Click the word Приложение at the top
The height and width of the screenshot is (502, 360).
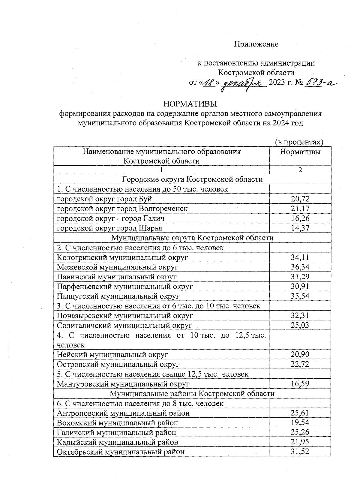256,44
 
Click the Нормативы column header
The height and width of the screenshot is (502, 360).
300,152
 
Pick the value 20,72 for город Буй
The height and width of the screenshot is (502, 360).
300,199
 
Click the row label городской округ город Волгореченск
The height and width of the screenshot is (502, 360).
122,209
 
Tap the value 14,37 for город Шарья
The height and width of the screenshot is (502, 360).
300,228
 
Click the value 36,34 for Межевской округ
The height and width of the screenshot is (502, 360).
300,267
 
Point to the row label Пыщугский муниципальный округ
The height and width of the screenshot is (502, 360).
118,296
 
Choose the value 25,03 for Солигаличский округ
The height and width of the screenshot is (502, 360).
300,325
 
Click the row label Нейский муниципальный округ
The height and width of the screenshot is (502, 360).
112,354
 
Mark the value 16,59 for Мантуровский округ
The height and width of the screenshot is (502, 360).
300,384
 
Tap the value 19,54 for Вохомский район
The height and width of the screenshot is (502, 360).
300,422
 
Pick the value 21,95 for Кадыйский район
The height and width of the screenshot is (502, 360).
300,442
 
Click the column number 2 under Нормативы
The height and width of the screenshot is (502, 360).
300,170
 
